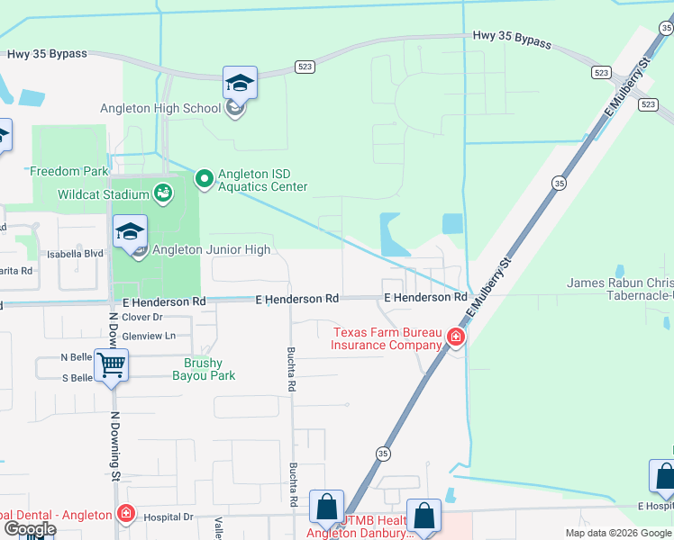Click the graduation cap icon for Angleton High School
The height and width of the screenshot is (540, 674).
click(240, 84)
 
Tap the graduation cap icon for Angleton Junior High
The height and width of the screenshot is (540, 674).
click(130, 232)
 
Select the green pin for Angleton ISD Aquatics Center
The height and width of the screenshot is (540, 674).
click(204, 180)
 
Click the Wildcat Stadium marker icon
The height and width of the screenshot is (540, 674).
click(162, 193)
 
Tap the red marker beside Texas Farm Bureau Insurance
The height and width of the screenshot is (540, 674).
click(456, 337)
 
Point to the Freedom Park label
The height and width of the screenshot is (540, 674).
click(69, 171)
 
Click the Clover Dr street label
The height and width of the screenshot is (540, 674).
click(141, 317)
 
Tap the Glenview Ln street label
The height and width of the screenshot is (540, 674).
click(148, 335)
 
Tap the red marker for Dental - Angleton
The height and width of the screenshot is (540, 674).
click(126, 515)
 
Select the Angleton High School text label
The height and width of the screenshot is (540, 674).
click(161, 109)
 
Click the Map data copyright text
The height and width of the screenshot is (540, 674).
click(618, 533)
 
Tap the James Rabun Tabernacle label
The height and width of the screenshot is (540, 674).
click(620, 288)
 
